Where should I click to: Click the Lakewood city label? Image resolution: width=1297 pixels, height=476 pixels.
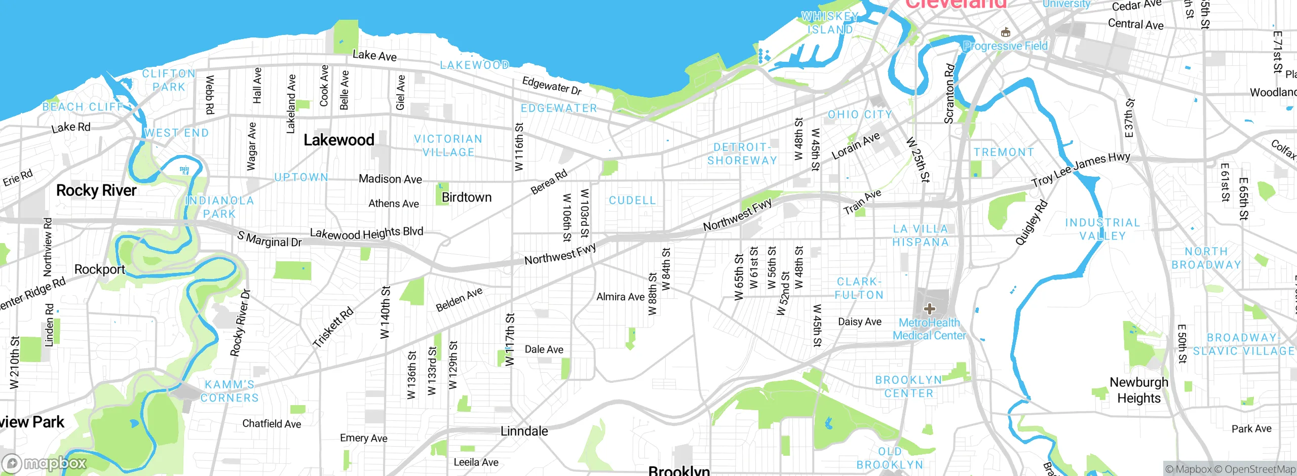tap(338, 140)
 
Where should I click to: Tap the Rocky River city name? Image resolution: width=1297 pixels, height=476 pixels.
tap(96, 190)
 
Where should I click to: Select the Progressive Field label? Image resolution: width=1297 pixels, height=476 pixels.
tap(1005, 46)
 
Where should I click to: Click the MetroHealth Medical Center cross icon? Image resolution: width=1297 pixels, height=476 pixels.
tap(929, 308)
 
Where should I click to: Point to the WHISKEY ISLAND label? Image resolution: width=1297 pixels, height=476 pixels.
tap(830, 23)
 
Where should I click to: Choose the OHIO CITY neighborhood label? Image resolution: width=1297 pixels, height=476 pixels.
tap(860, 115)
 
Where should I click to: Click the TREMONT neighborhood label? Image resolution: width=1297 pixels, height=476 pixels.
tap(1004, 152)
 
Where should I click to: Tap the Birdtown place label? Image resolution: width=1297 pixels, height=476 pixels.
tap(467, 197)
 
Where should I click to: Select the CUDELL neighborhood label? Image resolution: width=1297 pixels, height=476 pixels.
tap(632, 201)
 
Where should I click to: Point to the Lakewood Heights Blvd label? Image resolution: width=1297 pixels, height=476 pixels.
tap(366, 233)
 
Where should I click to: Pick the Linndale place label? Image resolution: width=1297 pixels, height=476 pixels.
tap(524, 431)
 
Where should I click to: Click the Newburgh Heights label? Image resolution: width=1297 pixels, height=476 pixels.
tap(1139, 390)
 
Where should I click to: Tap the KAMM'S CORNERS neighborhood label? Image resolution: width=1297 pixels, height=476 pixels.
tap(230, 391)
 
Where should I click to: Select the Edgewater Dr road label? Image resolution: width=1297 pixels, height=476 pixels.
tap(552, 86)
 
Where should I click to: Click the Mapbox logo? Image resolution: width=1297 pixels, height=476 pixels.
tap(45, 463)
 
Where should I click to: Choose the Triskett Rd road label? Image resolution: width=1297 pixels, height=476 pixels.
tap(333, 328)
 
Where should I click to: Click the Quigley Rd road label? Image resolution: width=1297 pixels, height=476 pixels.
tap(1031, 223)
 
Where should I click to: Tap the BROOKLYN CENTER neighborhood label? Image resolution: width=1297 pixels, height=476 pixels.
tap(908, 386)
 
